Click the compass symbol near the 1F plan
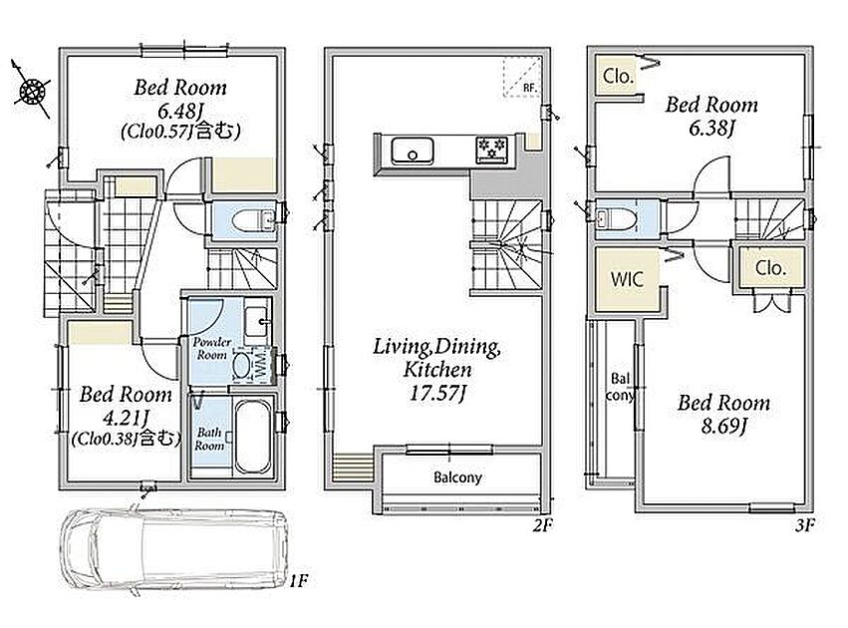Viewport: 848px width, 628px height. (31, 91)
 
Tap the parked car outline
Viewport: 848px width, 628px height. (173, 550)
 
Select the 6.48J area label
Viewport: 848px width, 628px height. (180, 112)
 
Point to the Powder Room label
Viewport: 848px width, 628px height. (212, 348)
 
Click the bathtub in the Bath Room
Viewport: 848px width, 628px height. (253, 437)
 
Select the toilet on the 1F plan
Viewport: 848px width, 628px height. (250, 220)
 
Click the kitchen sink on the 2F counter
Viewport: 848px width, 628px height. (413, 151)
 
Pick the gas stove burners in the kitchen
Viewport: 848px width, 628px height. (491, 149)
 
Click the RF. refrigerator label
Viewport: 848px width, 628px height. (529, 88)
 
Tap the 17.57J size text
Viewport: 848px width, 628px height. (437, 394)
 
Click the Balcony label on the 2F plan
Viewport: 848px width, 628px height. (457, 477)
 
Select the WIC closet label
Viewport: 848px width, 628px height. (627, 279)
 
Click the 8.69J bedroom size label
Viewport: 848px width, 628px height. (724, 427)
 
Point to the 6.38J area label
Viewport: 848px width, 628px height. (711, 129)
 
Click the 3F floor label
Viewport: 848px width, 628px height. (805, 524)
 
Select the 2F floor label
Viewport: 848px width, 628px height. (542, 524)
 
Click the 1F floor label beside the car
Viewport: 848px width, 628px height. (299, 581)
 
